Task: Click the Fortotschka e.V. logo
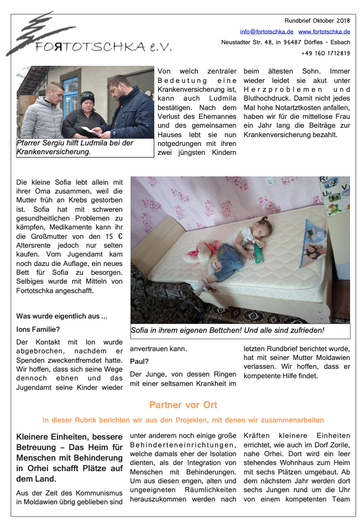pos(88,35)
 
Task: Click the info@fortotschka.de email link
pos(267,32)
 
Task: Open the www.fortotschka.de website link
pos(324,32)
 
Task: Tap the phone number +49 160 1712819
pos(326,53)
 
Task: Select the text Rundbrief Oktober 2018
pos(317,20)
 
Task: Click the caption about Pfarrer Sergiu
pos(85,147)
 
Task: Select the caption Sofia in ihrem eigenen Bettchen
pos(227,331)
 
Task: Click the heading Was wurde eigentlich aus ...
pos(62,316)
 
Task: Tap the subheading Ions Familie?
pos(38,330)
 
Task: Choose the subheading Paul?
pos(139,361)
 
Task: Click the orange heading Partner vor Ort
pos(183,405)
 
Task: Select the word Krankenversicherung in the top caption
pos(53,152)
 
